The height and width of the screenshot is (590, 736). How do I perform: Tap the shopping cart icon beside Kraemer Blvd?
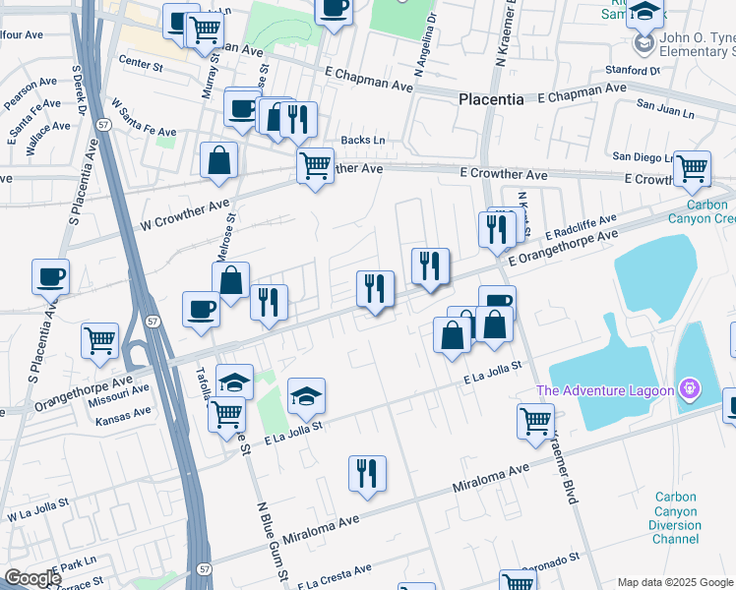[534, 420]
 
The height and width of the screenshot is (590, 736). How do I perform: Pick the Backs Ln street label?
[362, 141]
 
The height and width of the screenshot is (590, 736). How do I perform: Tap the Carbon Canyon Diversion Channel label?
[678, 517]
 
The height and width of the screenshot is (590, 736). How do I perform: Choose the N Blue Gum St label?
[274, 542]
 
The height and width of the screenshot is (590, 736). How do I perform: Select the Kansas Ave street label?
[123, 418]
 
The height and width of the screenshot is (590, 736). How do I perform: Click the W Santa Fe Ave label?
[144, 117]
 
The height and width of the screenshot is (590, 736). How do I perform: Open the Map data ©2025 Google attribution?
[675, 582]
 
